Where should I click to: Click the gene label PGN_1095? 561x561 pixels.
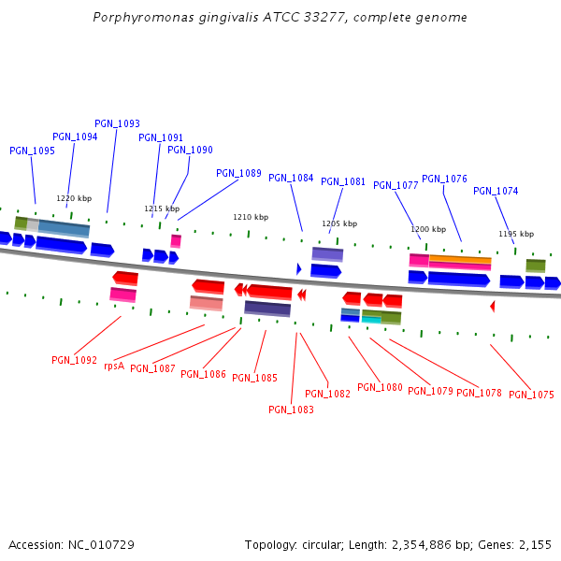point(32,151)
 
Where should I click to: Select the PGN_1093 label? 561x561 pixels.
point(117,123)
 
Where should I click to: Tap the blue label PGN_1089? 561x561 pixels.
point(238,173)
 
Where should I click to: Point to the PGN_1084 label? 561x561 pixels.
point(291,178)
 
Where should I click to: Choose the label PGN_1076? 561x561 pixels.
point(444,179)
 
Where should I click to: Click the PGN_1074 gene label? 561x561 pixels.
point(496,191)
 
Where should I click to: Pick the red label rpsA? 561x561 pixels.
point(114,366)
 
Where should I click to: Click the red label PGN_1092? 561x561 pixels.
point(74,360)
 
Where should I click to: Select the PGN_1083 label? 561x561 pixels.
point(291,409)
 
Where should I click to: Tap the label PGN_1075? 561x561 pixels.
point(531,395)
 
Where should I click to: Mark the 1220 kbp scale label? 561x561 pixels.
point(74,198)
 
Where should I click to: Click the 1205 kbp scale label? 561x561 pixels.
point(339,223)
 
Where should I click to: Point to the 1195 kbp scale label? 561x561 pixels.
point(516,234)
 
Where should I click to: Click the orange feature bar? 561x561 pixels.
point(460,259)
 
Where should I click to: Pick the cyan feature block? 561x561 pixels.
point(371,319)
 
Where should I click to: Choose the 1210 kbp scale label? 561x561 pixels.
point(251,217)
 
